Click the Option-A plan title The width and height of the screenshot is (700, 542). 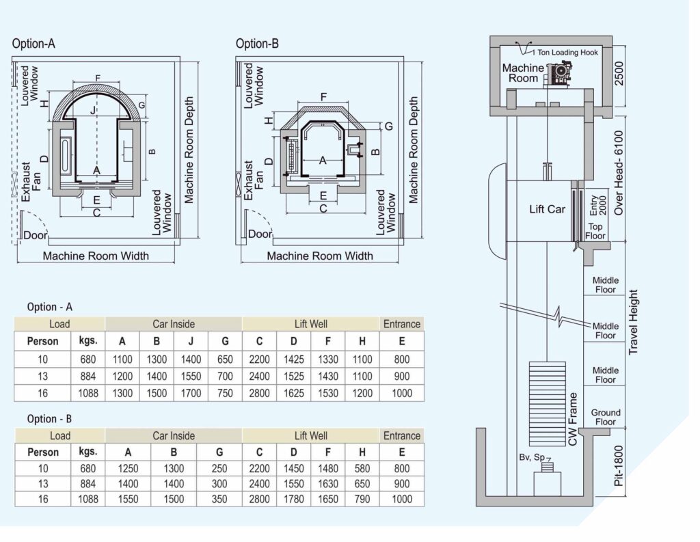tap(33, 44)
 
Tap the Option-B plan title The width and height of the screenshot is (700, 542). tap(257, 44)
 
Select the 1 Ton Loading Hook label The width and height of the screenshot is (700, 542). tap(565, 52)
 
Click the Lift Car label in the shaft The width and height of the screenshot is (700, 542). tap(547, 209)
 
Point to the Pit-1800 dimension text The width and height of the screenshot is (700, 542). tap(618, 465)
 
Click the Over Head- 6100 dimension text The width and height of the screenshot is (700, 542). tap(618, 172)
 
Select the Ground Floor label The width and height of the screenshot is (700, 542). tap(606, 417)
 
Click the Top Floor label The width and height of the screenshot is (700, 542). tap(595, 231)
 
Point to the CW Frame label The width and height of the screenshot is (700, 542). tap(573, 419)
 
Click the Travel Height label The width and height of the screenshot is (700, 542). tap(633, 323)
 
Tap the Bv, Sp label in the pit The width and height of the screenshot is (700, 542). tap(532, 457)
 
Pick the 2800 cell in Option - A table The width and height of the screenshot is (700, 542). tap(259, 393)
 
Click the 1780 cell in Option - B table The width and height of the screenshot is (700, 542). tap(293, 499)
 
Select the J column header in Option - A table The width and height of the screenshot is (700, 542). tap(191, 342)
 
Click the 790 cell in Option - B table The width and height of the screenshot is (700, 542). tap(362, 499)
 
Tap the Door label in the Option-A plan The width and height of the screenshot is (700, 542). tap(36, 235)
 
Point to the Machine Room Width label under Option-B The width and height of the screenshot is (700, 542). tap(320, 256)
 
